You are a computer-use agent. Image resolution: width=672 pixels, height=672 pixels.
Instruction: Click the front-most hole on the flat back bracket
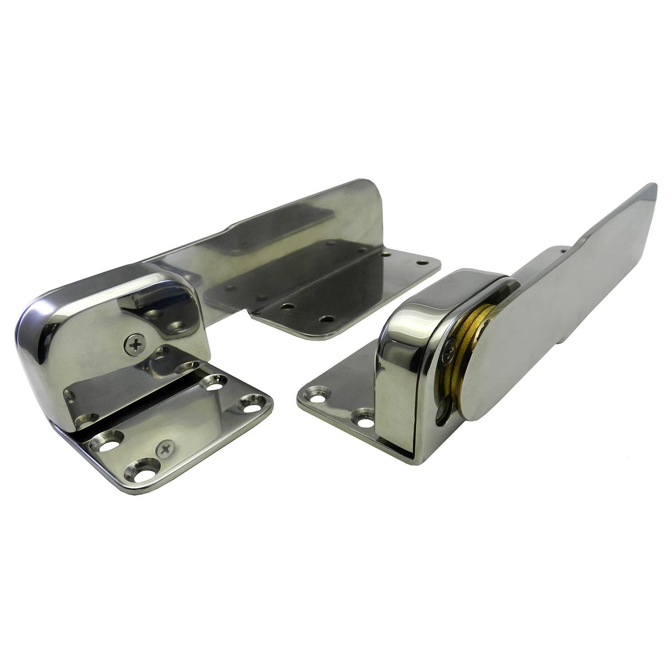[x=328, y=319]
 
